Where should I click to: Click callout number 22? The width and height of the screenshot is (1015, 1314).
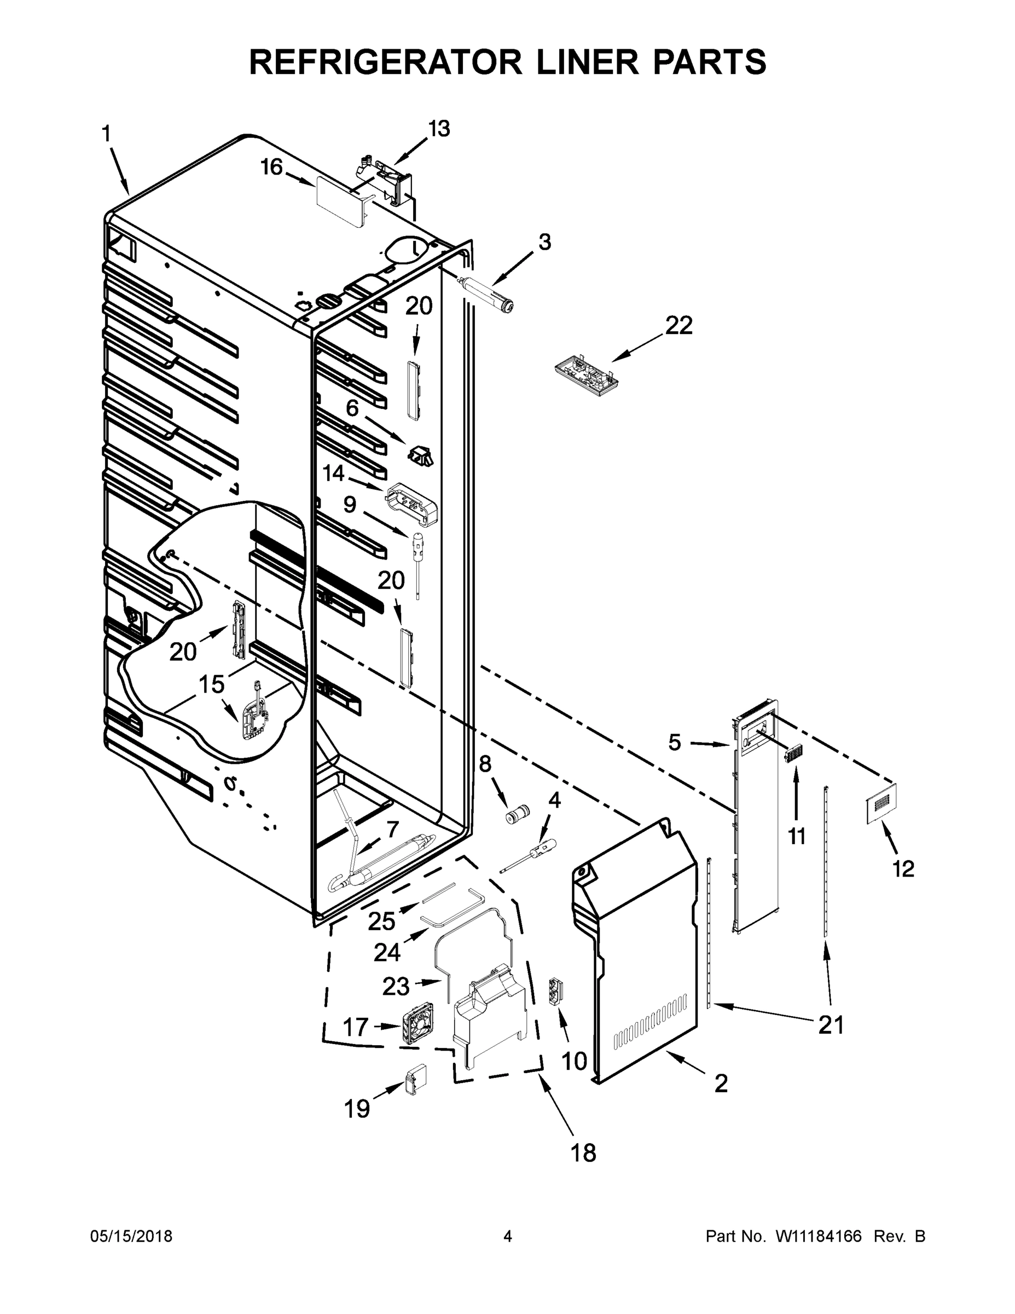click(679, 326)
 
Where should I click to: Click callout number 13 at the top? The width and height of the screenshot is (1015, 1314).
click(438, 129)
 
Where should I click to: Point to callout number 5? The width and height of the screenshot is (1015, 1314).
click(675, 743)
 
